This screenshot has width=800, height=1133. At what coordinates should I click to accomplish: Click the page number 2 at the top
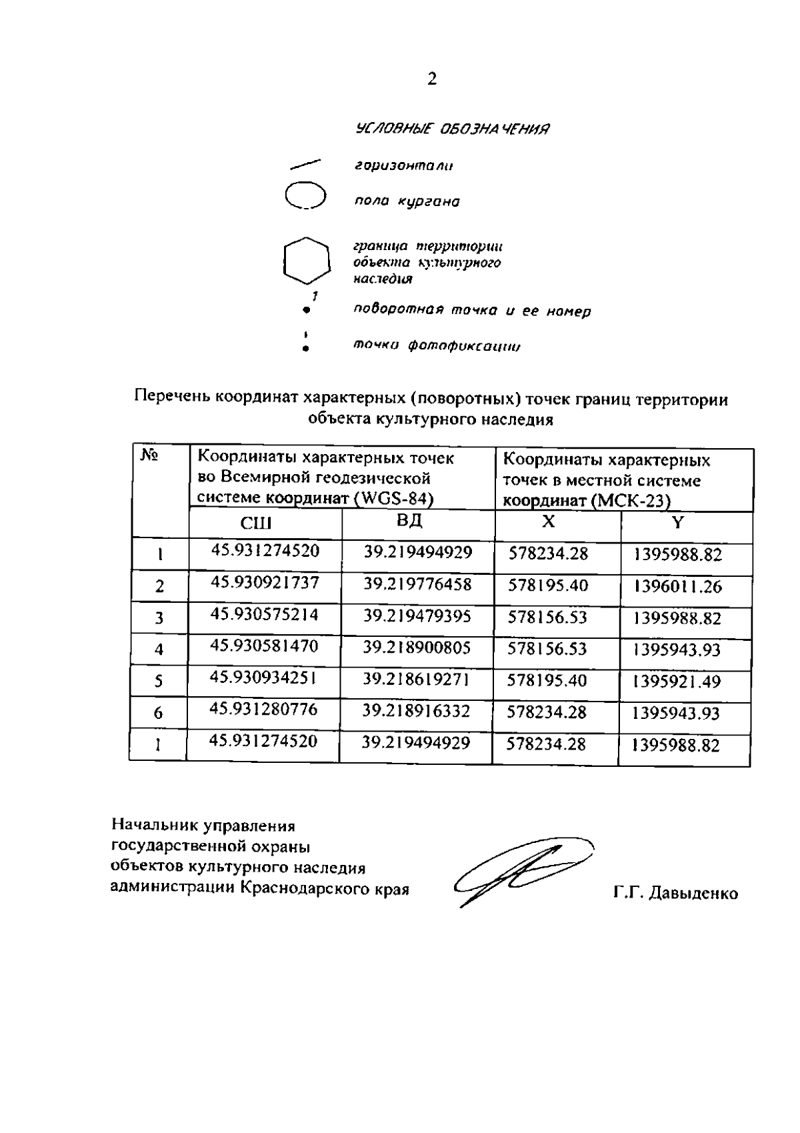(x=432, y=79)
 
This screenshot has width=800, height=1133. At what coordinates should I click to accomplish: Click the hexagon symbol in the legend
(x=307, y=260)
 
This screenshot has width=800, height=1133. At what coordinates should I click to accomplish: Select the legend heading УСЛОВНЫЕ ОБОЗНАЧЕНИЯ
(x=453, y=128)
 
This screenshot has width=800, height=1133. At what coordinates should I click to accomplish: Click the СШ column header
(x=256, y=524)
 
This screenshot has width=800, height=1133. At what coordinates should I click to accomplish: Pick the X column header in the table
(x=547, y=521)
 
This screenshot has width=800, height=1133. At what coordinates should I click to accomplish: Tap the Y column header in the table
(x=677, y=523)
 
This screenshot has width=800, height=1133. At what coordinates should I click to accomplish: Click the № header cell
(x=149, y=456)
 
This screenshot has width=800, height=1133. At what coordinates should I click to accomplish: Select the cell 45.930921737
(x=265, y=583)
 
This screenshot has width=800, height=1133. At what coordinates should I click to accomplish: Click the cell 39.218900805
(x=417, y=647)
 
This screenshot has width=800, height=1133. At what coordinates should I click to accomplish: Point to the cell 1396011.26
(x=678, y=588)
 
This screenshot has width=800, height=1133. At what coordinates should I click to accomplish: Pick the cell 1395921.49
(x=677, y=682)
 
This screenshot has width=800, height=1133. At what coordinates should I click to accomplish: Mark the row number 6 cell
(x=158, y=713)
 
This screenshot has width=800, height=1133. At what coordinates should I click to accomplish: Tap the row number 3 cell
(x=159, y=618)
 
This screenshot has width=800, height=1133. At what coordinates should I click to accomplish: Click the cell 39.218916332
(x=416, y=711)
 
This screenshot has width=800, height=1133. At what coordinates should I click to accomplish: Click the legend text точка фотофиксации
(x=437, y=346)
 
